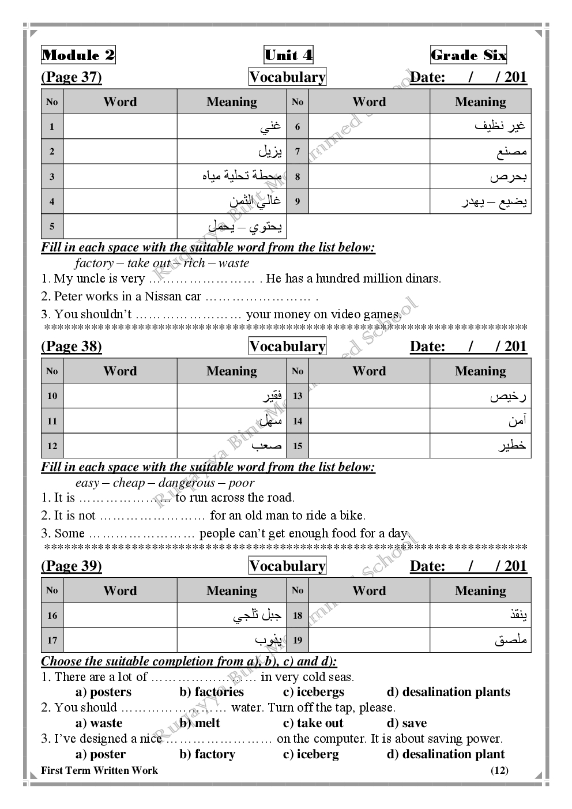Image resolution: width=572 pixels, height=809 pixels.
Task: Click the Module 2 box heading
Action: (x=78, y=55)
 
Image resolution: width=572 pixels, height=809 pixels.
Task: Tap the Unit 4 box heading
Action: (x=288, y=55)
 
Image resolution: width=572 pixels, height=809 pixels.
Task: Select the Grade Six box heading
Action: (x=468, y=55)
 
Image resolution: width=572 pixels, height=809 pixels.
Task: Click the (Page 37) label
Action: (x=71, y=77)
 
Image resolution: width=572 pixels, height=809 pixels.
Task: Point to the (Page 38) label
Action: (x=71, y=347)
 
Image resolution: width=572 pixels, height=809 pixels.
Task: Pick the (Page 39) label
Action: (x=71, y=566)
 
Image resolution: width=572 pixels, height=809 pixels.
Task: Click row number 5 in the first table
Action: (x=52, y=226)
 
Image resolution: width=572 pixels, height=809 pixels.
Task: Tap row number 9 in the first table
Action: (x=298, y=201)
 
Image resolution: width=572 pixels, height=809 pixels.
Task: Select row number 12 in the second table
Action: (x=52, y=446)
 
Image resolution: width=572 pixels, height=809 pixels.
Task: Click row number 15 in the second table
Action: (x=298, y=446)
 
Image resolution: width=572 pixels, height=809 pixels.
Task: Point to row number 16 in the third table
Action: (x=52, y=616)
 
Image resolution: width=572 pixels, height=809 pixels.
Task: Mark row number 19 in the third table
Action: (x=298, y=640)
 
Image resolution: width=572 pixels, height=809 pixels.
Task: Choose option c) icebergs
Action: (x=313, y=693)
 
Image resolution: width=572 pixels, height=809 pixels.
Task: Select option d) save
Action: (x=407, y=724)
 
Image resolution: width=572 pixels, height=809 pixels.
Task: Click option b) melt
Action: (x=200, y=724)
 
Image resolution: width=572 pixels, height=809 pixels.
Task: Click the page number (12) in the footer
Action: (x=499, y=770)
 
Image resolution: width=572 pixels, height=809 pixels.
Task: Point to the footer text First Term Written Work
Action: (x=99, y=770)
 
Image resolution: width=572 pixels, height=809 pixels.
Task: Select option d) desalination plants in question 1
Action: (x=448, y=693)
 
